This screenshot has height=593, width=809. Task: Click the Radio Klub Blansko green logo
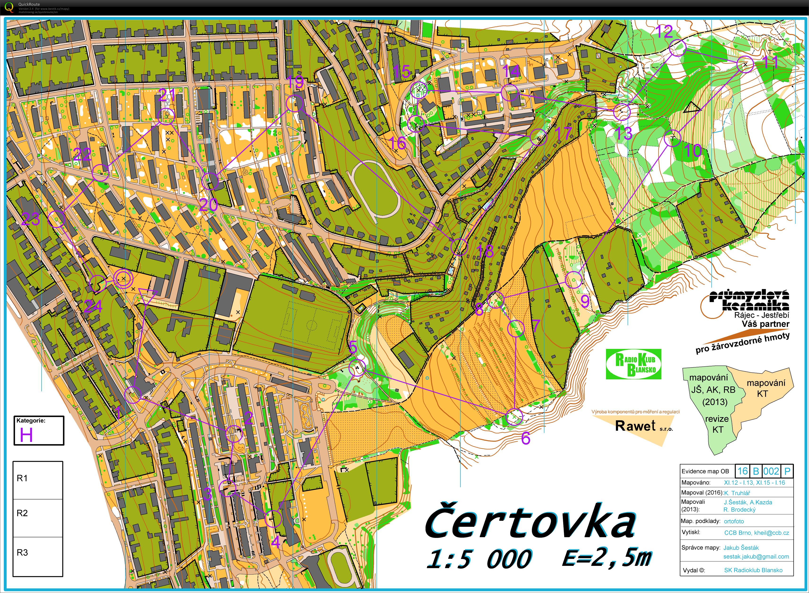click(633, 364)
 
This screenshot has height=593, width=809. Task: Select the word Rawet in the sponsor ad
click(635, 426)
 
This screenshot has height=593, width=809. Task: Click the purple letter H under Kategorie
click(26, 435)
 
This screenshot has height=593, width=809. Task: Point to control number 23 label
click(30, 219)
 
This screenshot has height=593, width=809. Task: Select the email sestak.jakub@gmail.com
click(756, 556)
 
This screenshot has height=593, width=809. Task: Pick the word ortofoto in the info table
click(734, 521)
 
